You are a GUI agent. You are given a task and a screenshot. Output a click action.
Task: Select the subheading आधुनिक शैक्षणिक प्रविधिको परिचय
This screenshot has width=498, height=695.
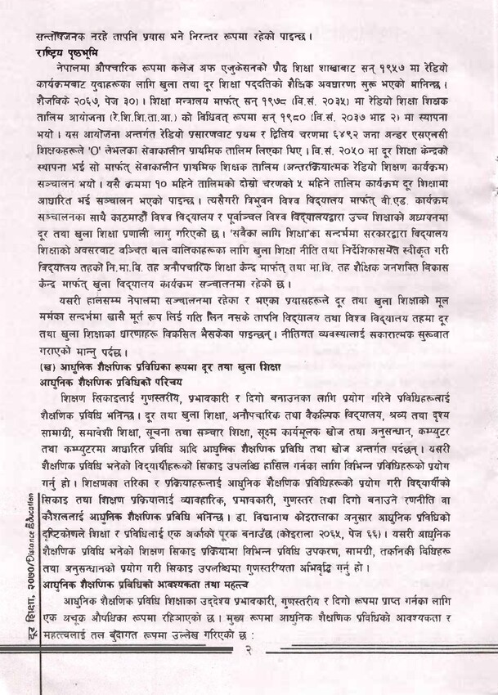(x=111, y=381)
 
